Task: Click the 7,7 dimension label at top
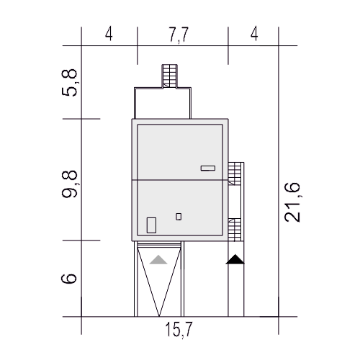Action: click(x=179, y=35)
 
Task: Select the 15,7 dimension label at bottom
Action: click(x=179, y=330)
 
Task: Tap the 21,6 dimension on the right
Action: click(x=292, y=202)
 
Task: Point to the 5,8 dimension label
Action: click(x=70, y=83)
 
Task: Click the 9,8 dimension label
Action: click(x=70, y=184)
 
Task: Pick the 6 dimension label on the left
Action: click(x=69, y=279)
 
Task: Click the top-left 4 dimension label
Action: click(x=109, y=34)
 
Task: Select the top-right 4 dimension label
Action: click(x=254, y=34)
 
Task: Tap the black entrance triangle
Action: click(x=235, y=259)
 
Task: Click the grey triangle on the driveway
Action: click(x=158, y=260)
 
